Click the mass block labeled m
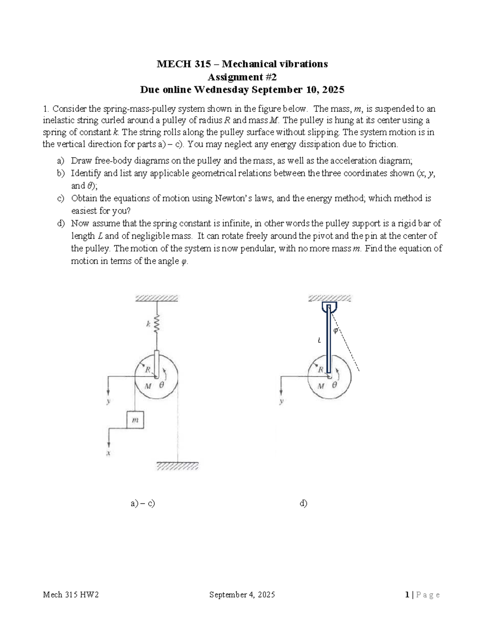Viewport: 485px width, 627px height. (135, 420)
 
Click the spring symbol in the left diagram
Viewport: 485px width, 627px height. (157, 324)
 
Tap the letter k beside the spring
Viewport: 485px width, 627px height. (148, 323)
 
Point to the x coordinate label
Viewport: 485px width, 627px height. (108, 453)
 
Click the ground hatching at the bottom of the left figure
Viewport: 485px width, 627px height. (177, 466)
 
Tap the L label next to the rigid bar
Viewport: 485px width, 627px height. (319, 340)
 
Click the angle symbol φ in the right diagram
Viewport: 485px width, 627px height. (335, 331)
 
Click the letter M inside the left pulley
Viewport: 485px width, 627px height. (148, 386)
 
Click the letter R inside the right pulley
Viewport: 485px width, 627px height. (321, 369)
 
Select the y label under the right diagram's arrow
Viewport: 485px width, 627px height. (281, 401)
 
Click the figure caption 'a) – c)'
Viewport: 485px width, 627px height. (143, 503)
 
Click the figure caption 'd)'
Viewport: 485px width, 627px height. (303, 503)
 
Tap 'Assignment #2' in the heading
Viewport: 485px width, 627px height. (242, 77)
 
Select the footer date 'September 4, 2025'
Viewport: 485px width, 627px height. (242, 594)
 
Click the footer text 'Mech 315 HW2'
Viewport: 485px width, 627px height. (71, 594)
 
